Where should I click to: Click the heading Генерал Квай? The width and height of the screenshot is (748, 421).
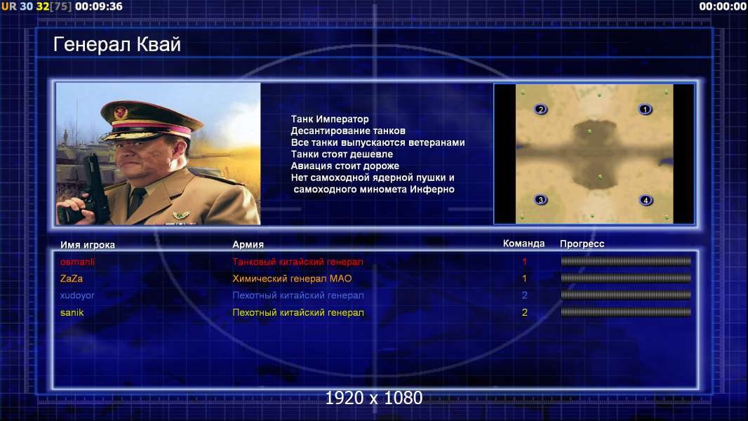[117, 44]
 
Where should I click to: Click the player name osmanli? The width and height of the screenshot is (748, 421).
[77, 262]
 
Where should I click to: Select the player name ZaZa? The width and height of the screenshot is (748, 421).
[72, 279]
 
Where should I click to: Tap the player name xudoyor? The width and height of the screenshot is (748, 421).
[77, 295]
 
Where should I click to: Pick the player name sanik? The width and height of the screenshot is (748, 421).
[72, 313]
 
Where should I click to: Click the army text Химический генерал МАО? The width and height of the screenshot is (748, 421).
[292, 279]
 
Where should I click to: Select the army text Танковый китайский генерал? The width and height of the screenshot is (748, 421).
[298, 262]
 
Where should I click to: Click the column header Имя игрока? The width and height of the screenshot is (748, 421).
[87, 245]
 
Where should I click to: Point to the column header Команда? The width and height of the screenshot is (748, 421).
[523, 243]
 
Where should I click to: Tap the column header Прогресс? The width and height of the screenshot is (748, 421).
[582, 243]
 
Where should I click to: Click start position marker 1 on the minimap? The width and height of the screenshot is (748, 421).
[645, 109]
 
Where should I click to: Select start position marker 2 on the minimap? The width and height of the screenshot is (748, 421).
[540, 109]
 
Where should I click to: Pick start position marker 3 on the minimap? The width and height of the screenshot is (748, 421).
[540, 200]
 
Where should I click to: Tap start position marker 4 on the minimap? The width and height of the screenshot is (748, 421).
[646, 200]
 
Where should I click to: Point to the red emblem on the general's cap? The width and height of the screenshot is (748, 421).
[121, 112]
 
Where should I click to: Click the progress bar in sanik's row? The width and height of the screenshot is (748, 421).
[626, 312]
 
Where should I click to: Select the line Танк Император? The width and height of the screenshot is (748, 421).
[330, 119]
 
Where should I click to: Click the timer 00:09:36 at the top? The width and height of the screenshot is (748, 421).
[99, 6]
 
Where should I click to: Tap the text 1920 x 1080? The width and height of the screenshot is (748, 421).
[374, 398]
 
